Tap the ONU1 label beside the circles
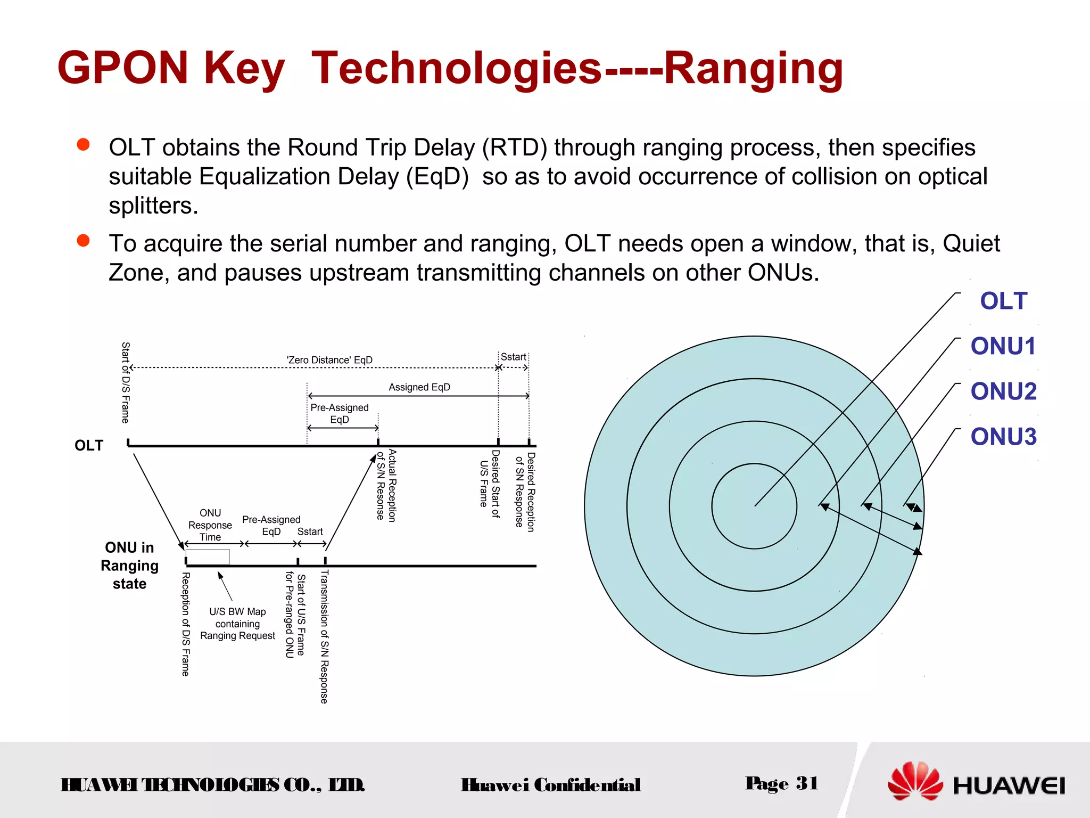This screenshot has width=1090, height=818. [1003, 346]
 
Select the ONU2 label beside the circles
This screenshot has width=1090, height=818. [1003, 391]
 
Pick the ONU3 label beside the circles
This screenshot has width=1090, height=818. [1003, 437]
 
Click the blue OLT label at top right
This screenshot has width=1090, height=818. [1003, 301]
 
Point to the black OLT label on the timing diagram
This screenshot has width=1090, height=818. [89, 445]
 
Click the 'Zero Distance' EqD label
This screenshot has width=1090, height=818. [329, 360]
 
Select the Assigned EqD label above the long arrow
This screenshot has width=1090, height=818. [419, 387]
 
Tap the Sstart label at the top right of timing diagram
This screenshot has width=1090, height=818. [513, 357]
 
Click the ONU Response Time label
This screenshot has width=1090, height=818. [210, 525]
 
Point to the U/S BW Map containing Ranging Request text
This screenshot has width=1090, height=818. [237, 624]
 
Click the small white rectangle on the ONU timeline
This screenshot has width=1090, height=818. [208, 557]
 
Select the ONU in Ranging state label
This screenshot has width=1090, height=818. [129, 566]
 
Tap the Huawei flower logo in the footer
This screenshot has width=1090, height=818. [914, 782]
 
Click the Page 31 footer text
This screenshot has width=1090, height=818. [781, 783]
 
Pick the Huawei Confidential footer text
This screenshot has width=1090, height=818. [551, 785]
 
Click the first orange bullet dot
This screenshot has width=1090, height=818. [83, 145]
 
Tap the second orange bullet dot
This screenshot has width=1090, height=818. [83, 241]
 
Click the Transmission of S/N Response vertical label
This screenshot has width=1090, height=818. [324, 637]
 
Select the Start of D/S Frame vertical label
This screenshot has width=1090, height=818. [125, 382]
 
